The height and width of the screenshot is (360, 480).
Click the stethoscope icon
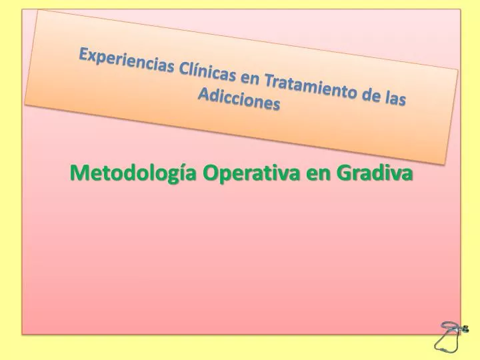pyautogui.click(x=451, y=335)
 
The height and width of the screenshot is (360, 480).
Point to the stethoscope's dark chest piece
pyautogui.click(x=465, y=329)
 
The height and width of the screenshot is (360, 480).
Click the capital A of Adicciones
pyautogui.click(x=203, y=95)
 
